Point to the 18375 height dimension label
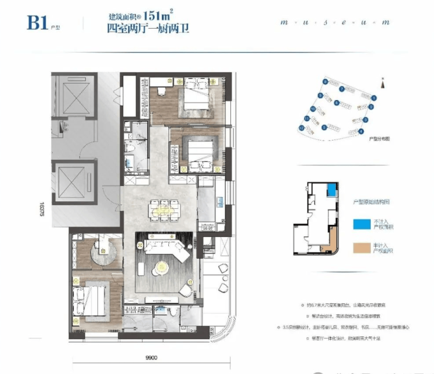[43, 208]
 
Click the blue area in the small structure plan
[331, 190]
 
